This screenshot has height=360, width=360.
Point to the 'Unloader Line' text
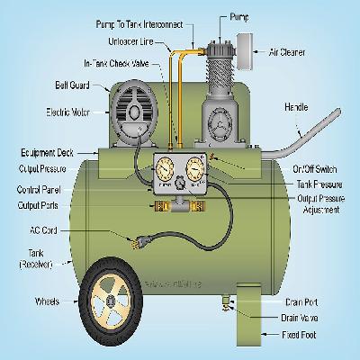click(x=131, y=40)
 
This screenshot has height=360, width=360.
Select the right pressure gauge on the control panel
click(x=198, y=171)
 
